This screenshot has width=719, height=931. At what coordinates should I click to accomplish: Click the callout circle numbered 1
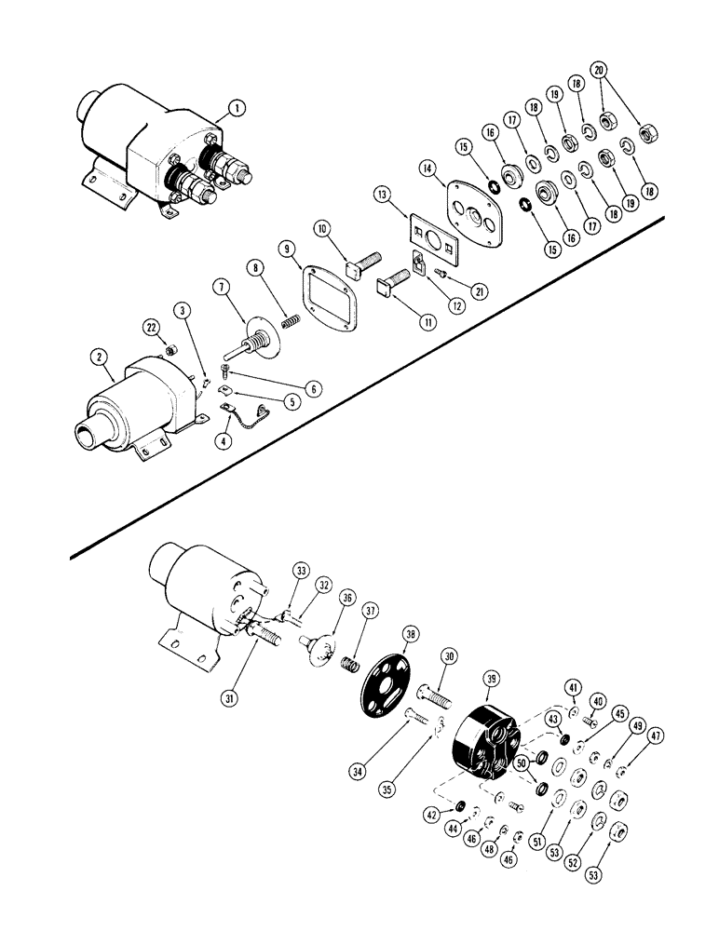click(240, 109)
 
